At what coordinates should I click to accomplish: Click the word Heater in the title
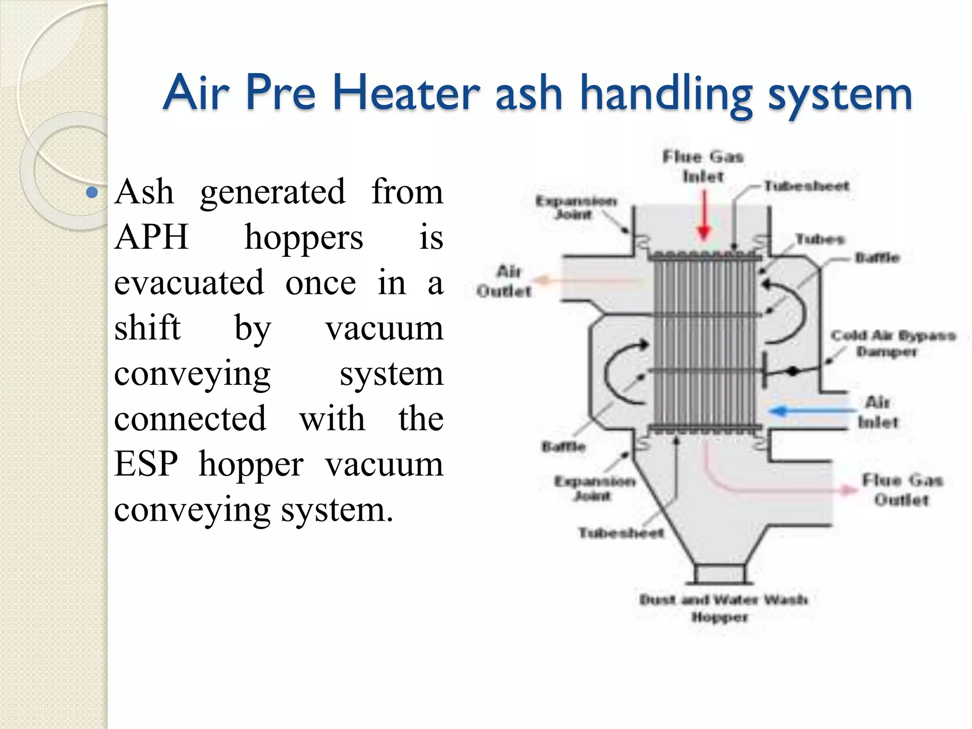(x=406, y=93)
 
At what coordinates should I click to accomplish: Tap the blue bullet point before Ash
(x=93, y=193)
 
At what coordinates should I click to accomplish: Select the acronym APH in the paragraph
(x=151, y=237)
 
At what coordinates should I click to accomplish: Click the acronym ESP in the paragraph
(x=146, y=464)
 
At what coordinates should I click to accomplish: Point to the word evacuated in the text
(x=189, y=282)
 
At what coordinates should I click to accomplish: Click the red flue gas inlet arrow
(x=704, y=216)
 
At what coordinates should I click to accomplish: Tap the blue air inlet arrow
(x=807, y=410)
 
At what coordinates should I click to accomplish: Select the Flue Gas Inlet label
(x=703, y=167)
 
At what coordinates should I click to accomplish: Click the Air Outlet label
(x=505, y=281)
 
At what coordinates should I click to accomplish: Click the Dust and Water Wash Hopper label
(x=722, y=608)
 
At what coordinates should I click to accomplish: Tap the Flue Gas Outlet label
(x=902, y=490)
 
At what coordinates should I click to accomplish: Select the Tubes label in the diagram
(x=820, y=239)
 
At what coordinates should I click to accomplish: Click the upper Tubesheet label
(x=806, y=186)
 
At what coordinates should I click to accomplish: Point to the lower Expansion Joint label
(x=594, y=488)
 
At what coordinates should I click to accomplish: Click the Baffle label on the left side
(x=563, y=447)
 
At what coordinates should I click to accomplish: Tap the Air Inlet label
(x=878, y=412)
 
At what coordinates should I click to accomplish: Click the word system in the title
(x=840, y=93)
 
